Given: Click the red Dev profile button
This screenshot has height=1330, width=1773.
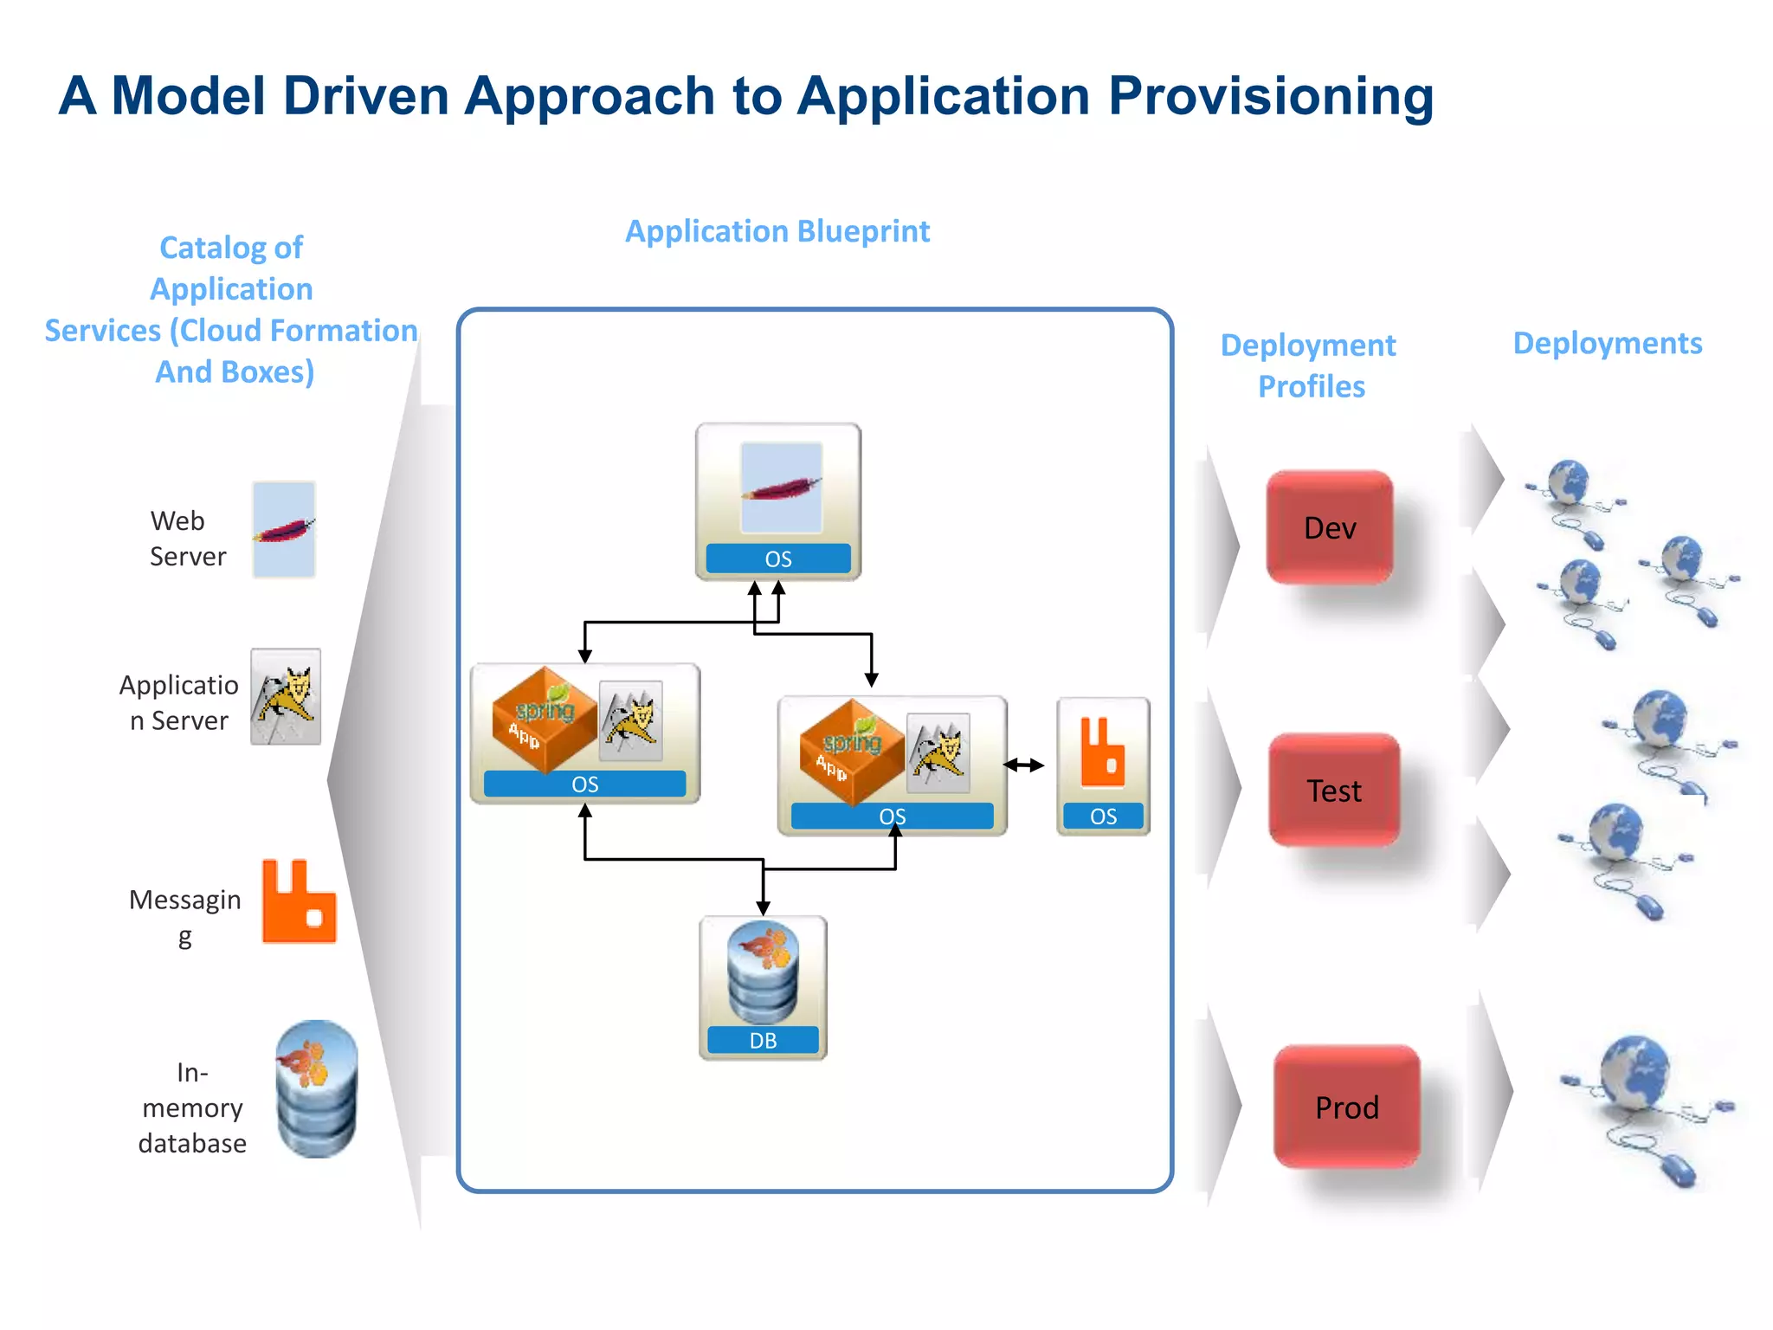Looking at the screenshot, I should coord(1329,527).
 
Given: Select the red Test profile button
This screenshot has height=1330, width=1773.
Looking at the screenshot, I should coord(1333,790).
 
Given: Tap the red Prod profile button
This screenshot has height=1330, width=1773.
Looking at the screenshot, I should coord(1346,1107).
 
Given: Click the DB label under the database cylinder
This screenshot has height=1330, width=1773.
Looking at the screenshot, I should coord(763,1040).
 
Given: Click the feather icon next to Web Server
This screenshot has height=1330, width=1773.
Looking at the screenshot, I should coord(284,529).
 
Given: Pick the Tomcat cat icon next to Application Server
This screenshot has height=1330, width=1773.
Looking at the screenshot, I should coord(286,696).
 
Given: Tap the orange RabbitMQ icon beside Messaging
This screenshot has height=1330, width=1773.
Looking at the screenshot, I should coord(299,901).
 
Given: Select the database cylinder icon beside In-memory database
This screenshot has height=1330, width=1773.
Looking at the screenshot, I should coord(316,1088).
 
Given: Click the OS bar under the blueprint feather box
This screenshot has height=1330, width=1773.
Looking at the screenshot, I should coord(777,558).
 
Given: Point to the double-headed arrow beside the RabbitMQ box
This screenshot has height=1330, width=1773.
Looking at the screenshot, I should coord(1023,765).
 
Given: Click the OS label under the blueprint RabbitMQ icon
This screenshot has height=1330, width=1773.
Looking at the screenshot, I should coord(1103,816).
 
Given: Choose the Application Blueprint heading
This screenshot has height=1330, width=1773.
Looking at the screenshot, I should coord(777,231).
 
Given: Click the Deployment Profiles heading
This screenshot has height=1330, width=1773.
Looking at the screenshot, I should coord(1309,365).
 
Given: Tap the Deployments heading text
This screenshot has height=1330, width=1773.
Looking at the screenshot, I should coord(1607,343).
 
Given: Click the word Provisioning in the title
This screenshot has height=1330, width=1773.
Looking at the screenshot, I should coord(1270,95).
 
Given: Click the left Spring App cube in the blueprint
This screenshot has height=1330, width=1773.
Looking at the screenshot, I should coord(543,718).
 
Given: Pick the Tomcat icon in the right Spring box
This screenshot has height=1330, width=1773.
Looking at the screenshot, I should coord(938,752).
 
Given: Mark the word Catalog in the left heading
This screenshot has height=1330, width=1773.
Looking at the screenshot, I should coord(212,248).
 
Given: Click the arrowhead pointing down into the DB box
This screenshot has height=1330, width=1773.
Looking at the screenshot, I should coord(763,907).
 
